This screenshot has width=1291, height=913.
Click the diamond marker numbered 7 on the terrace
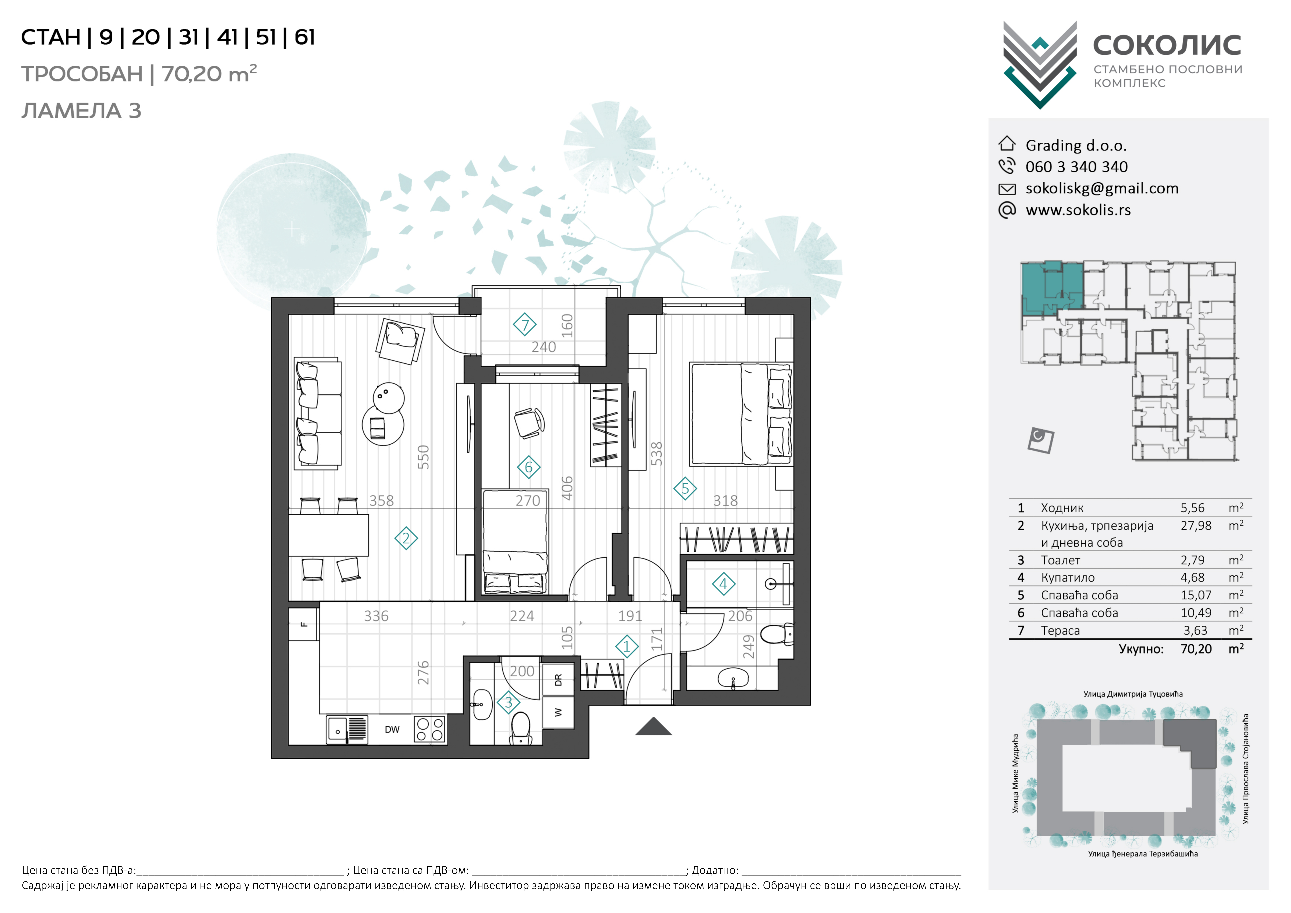point(525,325)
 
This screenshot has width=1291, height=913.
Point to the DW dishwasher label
point(392,730)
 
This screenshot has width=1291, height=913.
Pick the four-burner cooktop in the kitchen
point(430,730)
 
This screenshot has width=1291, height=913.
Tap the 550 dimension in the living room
point(423,457)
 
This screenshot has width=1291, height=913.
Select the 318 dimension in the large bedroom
point(725,501)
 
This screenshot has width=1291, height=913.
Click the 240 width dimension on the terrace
point(544,347)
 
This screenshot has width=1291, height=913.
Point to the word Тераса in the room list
point(1060,631)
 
